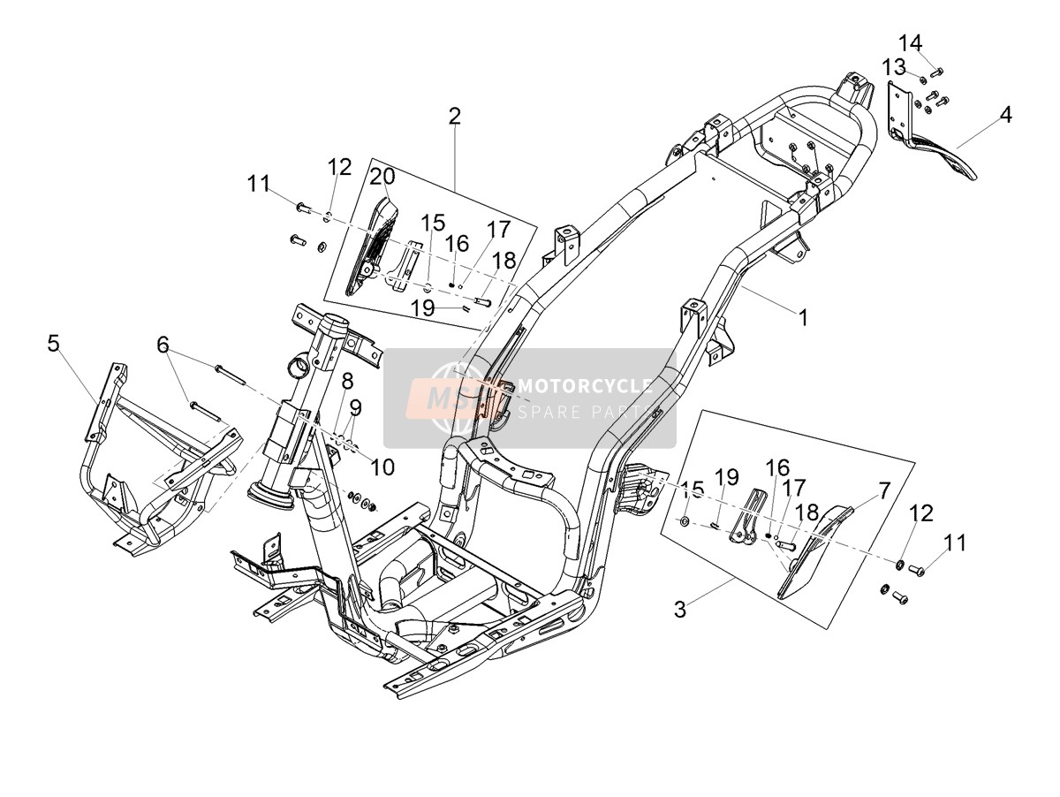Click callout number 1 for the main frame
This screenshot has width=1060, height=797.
(803, 318)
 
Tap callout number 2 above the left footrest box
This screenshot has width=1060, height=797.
(454, 117)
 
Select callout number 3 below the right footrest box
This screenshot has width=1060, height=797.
(680, 610)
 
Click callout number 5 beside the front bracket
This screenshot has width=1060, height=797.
(53, 344)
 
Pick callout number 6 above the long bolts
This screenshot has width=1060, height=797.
(163, 345)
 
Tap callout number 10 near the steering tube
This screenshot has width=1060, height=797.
(382, 467)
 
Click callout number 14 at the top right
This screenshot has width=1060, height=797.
(910, 43)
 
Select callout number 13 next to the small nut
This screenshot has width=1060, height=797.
(894, 67)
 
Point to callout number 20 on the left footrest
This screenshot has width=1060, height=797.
(382, 177)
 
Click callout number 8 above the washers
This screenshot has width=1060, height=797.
(347, 382)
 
